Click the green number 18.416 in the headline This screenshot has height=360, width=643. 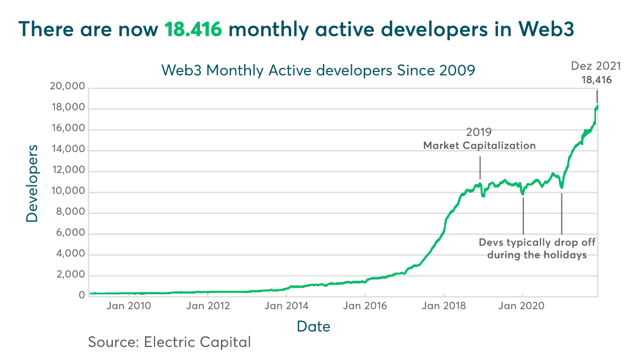pos(193,30)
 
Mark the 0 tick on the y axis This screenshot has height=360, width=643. pos(82,295)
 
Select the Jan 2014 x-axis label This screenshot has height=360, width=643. pos(287,307)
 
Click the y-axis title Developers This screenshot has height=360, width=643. pos(32,183)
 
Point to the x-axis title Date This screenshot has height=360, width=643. pos(313,327)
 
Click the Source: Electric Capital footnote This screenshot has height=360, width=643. pos(169,342)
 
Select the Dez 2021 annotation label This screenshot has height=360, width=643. pos(595,66)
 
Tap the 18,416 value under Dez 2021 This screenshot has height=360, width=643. pos(597,80)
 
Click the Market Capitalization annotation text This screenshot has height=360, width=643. pos(479,146)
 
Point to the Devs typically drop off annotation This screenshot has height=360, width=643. pos(537,243)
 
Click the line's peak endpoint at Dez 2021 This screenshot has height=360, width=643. pos(597,106)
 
